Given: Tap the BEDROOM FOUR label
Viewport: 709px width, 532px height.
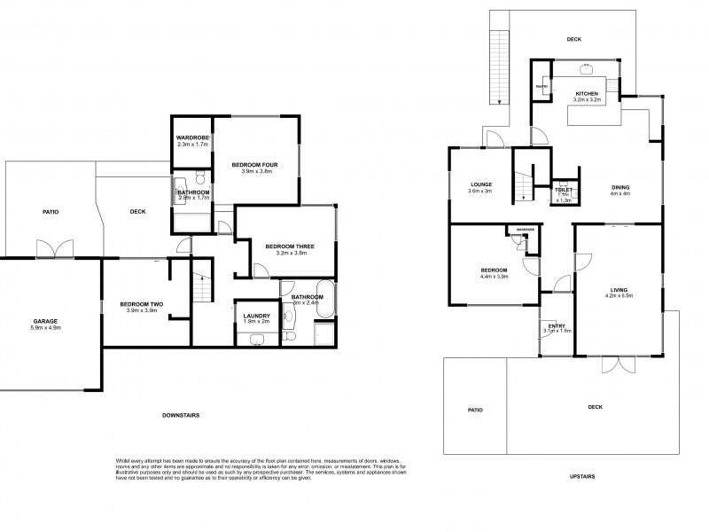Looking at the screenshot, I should [x=256, y=164].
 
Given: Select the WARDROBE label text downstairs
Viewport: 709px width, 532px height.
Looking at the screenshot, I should [x=192, y=137].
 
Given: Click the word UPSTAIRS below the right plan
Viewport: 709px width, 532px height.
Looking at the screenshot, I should [x=581, y=477].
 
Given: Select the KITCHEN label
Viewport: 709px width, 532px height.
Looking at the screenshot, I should [x=587, y=93].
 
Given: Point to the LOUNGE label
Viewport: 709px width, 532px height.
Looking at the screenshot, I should [x=481, y=184].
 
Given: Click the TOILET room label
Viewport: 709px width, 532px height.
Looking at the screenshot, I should [x=564, y=190].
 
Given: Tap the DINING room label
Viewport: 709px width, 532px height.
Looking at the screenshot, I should [x=621, y=187].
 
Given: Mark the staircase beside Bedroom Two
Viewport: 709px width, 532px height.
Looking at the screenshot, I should [x=202, y=286].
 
